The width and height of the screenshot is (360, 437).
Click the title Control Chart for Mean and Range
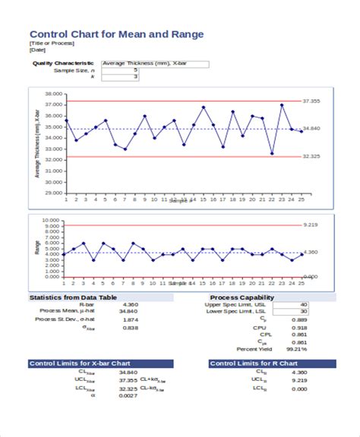[116, 35]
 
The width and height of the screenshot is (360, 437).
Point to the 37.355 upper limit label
[311, 101]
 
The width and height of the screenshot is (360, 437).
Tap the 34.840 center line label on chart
[311, 129]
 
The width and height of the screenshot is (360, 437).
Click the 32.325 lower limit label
[311, 156]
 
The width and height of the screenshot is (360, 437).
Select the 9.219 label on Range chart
[310, 225]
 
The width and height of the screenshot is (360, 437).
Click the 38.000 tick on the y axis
[52, 95]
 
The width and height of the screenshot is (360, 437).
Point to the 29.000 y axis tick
[52, 193]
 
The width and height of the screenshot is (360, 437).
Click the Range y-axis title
[37, 247]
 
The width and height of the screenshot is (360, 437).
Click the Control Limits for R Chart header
[252, 363]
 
